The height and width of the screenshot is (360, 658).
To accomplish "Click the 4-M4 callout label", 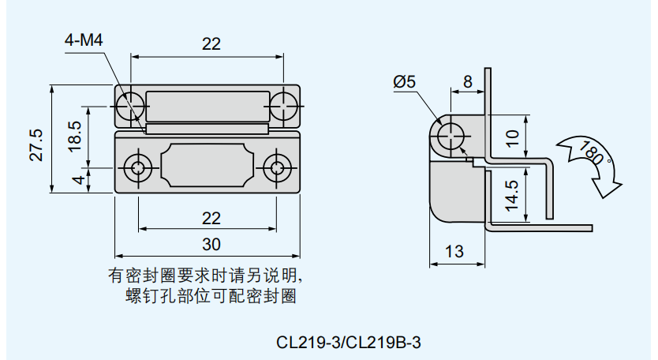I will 84,41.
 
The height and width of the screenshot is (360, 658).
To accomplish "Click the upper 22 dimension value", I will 211,44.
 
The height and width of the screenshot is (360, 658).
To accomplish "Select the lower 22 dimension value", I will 211,217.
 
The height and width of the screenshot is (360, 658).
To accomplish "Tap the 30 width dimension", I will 211,243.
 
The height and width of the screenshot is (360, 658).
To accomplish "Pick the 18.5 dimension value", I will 75,136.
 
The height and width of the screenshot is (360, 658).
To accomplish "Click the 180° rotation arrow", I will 592,161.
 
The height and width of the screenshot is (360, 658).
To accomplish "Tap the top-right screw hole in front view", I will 283,105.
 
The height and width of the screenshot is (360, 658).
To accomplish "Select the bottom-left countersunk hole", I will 140,167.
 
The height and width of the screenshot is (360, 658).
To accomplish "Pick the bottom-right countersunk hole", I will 276,167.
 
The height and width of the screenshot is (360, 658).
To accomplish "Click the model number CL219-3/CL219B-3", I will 350,343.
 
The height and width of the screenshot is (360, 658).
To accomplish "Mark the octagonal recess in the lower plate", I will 208,167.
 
